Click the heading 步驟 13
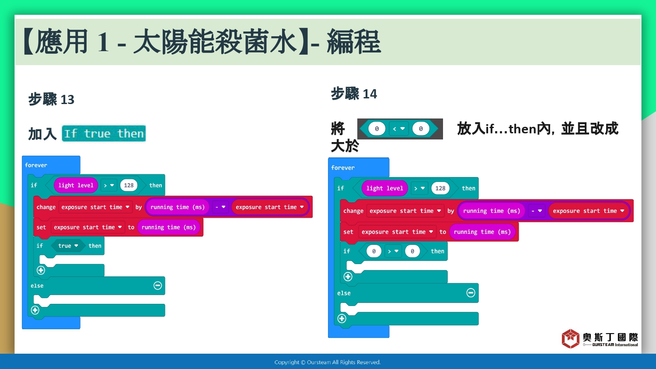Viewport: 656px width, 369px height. [51, 99]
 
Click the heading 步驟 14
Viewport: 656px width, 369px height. [354, 94]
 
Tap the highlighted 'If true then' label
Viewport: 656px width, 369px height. [104, 133]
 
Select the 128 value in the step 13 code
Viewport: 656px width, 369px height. [129, 185]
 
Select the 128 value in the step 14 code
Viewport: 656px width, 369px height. [440, 188]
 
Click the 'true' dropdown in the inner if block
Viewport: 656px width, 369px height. [68, 246]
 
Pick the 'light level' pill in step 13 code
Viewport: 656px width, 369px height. [76, 185]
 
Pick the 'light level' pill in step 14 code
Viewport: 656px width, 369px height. [384, 188]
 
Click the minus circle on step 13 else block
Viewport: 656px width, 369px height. [157, 285]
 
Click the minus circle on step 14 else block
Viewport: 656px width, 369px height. [471, 292]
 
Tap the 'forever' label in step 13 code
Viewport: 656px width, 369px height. [36, 165]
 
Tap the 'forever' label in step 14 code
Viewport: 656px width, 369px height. [342, 167]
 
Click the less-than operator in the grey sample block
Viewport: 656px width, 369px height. [398, 129]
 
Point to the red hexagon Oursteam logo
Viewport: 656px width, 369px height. [570, 338]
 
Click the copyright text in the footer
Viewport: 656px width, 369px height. [328, 362]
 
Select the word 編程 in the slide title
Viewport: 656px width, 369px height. [354, 42]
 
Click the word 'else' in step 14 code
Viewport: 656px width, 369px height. [344, 293]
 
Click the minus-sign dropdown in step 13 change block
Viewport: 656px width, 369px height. [220, 207]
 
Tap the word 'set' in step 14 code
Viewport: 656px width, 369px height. [348, 232]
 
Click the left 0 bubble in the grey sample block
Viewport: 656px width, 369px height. [377, 129]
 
